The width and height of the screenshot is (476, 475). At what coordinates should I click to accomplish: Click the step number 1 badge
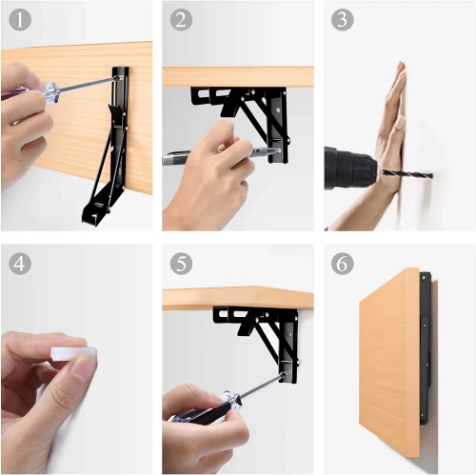(x=18, y=18)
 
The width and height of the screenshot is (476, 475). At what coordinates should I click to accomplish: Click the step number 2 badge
(x=180, y=18)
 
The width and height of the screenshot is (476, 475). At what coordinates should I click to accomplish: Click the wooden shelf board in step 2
(x=238, y=76)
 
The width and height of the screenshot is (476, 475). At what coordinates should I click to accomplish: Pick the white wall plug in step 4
(x=74, y=354)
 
